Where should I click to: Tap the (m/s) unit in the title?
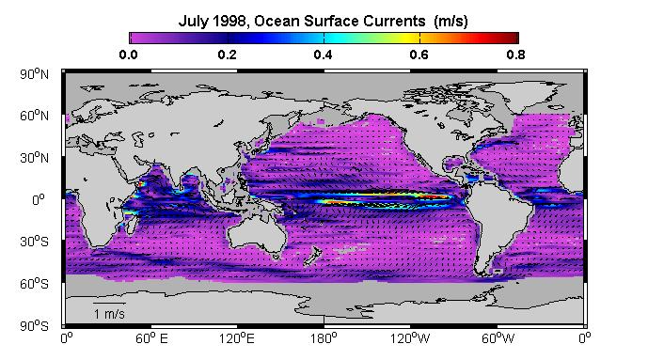(x=450, y=21)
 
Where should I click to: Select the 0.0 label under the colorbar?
(x=128, y=55)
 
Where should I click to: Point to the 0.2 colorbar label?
(x=227, y=55)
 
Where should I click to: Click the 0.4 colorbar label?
(x=324, y=55)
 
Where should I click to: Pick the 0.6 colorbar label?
(x=419, y=55)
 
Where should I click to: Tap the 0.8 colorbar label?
(x=515, y=55)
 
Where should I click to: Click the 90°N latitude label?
(x=34, y=74)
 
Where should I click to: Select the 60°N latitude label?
(x=34, y=116)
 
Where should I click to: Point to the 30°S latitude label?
(x=34, y=242)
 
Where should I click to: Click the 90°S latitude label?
(x=34, y=326)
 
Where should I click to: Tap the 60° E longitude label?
(x=151, y=338)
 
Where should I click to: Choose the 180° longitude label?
(x=324, y=338)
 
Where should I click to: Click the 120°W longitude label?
(x=410, y=338)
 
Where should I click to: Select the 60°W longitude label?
(x=498, y=338)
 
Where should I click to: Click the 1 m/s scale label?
(x=109, y=314)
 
